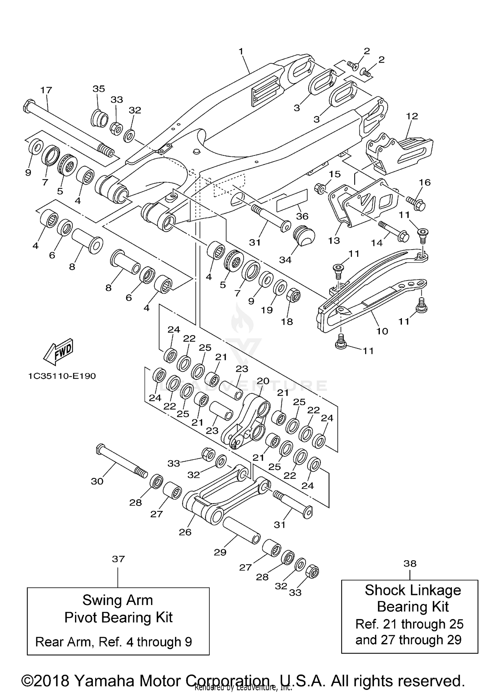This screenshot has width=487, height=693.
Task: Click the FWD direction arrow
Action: tap(59, 352)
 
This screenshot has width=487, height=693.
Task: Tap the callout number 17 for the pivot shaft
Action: tap(46, 90)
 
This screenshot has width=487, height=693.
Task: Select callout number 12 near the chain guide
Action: tap(412, 116)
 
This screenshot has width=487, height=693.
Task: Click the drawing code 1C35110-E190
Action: tap(62, 376)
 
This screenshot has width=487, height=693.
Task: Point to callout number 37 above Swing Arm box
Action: tap(118, 559)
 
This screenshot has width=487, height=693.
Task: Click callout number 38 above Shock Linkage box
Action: tap(410, 563)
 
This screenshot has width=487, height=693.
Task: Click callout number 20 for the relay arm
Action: tap(263, 381)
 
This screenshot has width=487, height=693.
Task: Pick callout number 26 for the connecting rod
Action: tap(185, 532)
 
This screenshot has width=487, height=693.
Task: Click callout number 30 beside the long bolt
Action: tap(97, 481)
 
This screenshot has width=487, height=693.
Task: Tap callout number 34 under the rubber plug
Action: tap(285, 260)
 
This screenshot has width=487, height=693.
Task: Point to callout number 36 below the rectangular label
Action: tap(302, 216)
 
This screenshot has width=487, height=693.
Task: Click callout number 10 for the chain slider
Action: tap(382, 331)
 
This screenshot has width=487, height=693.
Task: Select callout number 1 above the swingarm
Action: tap(241, 51)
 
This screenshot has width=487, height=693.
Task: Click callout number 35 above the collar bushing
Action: tap(99, 89)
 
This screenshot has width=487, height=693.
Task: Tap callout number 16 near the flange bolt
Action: tap(425, 182)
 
